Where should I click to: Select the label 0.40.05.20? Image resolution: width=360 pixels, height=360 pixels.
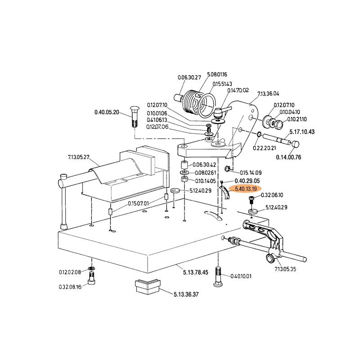[107, 112]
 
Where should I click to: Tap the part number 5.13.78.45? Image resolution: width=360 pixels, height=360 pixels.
[196, 272]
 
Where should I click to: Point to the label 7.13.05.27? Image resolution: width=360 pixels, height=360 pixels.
[79, 157]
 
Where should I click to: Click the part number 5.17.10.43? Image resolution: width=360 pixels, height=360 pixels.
[301, 132]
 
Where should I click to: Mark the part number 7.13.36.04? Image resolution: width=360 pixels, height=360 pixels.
[268, 94]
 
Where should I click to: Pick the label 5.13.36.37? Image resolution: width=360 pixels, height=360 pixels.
[186, 294]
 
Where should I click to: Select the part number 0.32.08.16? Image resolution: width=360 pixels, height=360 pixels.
[70, 287]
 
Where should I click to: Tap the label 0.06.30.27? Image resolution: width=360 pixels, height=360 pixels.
[189, 77]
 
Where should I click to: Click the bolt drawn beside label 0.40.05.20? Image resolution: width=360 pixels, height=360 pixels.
[134, 117]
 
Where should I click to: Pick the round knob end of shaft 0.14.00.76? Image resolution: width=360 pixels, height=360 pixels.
[297, 144]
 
